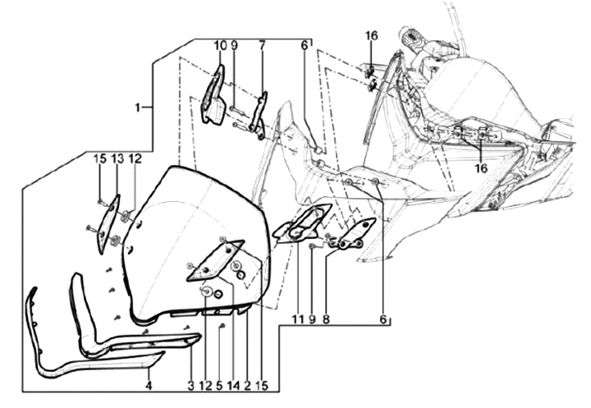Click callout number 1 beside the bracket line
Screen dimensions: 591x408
(138, 108)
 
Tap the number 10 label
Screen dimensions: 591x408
(221, 46)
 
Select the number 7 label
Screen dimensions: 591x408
(262, 46)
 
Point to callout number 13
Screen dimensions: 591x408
(117, 159)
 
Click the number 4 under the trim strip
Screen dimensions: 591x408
(149, 385)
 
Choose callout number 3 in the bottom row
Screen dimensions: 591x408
(190, 385)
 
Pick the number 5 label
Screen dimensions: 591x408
(220, 385)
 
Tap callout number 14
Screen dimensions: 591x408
(233, 385)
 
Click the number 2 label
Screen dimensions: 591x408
(247, 385)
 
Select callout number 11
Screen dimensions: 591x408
(298, 320)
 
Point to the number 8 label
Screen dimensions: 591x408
(326, 320)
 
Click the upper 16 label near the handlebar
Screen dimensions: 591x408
(371, 36)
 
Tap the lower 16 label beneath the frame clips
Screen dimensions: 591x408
(481, 168)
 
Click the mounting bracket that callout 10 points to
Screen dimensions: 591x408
(213, 96)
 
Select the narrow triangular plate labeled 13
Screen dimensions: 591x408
(107, 224)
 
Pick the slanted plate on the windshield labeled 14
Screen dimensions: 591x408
(216, 260)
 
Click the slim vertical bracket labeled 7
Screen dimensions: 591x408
(259, 116)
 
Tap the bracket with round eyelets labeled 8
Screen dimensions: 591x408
(352, 235)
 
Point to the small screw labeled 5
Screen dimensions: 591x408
(222, 325)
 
